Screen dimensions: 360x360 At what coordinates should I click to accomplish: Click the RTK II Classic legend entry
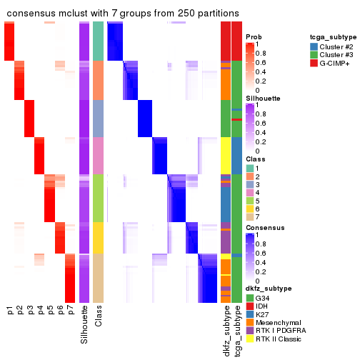pyautogui.click(x=281, y=340)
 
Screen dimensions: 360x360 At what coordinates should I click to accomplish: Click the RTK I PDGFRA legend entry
pyautogui.click(x=281, y=331)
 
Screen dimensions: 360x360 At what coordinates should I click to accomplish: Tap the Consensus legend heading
pyautogui.click(x=265, y=228)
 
